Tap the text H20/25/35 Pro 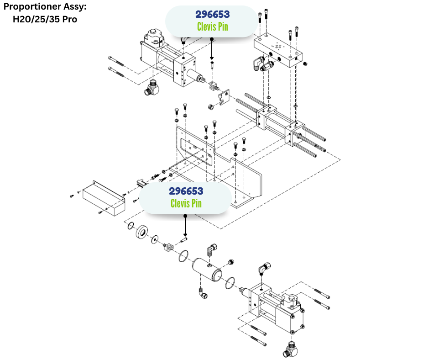pyautogui.click(x=44, y=20)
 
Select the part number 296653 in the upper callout pyautogui.click(x=212, y=15)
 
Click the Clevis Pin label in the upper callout pyautogui.click(x=212, y=26)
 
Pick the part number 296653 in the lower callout pyautogui.click(x=186, y=191)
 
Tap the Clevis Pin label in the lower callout pyautogui.click(x=186, y=203)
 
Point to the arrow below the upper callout pyautogui.click(x=212, y=50)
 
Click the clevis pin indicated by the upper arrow pyautogui.click(x=212, y=65)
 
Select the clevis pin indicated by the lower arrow pyautogui.click(x=185, y=239)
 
